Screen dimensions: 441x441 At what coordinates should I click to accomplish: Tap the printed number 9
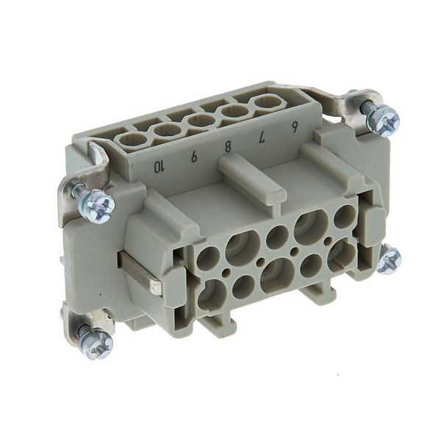point(193,157)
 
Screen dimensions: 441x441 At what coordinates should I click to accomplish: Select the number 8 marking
point(228,146)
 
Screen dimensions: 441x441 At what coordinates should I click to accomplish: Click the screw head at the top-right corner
point(383,119)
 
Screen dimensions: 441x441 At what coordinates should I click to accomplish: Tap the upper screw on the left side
point(96,205)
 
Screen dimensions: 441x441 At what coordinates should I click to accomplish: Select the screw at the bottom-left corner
point(96,343)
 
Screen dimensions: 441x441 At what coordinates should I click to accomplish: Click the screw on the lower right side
point(389,260)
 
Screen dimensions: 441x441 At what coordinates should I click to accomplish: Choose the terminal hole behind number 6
point(268,102)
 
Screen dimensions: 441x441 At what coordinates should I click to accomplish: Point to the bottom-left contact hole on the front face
point(212,294)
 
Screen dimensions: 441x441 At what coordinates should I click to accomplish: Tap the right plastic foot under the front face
point(319,291)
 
